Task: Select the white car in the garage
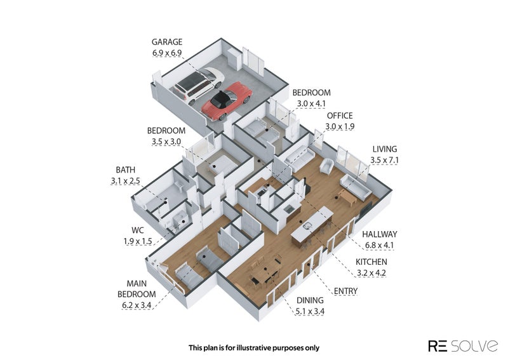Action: pos(198,86)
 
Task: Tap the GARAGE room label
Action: pos(168,42)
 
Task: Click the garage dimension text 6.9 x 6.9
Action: pos(168,53)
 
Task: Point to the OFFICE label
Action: pos(339,116)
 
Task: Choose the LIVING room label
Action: pos(385,149)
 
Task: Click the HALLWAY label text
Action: pos(380,234)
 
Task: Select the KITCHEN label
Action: pos(371,262)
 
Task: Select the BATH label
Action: pos(126,170)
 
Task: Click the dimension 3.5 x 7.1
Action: pos(385,160)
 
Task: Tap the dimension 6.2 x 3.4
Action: pos(137,306)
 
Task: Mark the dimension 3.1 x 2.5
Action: pos(126,181)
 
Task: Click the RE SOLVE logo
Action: pos(462,345)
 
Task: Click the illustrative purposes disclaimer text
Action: pos(253,347)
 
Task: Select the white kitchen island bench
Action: pos(312,229)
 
